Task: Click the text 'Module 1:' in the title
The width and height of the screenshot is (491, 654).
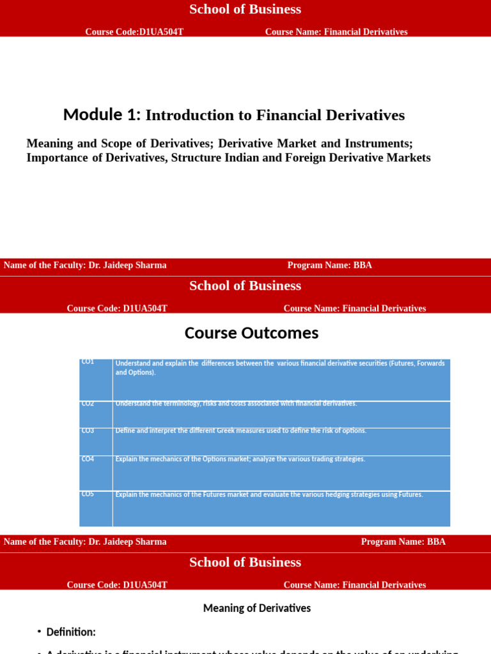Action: click(102, 115)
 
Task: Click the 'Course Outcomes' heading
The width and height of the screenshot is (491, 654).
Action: click(251, 333)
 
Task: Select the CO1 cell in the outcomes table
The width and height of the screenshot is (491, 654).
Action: click(88, 362)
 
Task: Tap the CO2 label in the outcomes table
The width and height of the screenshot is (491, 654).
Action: click(88, 404)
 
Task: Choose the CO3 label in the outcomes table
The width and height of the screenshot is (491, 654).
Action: click(88, 430)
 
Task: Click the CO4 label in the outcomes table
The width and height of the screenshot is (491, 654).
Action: click(88, 459)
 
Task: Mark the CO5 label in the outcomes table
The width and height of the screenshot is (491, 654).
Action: click(88, 494)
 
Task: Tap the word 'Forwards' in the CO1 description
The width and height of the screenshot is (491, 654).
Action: click(430, 363)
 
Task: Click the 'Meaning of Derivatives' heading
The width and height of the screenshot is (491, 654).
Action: click(257, 608)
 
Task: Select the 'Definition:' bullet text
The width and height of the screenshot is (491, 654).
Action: click(71, 632)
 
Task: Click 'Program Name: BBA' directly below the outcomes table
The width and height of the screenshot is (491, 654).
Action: click(403, 542)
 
